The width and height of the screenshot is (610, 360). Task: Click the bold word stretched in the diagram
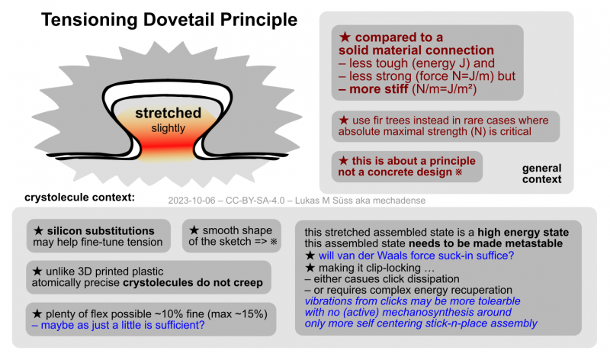click(x=168, y=114)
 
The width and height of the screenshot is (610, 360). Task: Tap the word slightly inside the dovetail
click(x=168, y=128)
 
